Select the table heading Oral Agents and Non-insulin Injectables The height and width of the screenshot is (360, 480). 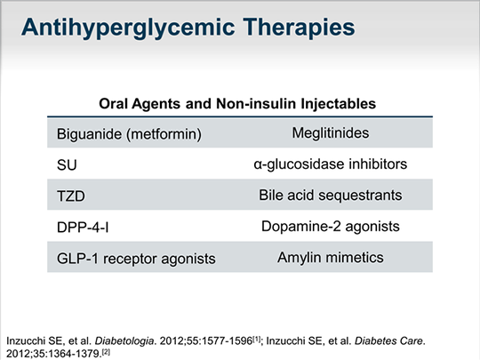click(x=239, y=104)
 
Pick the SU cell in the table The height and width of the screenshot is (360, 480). click(x=66, y=165)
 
